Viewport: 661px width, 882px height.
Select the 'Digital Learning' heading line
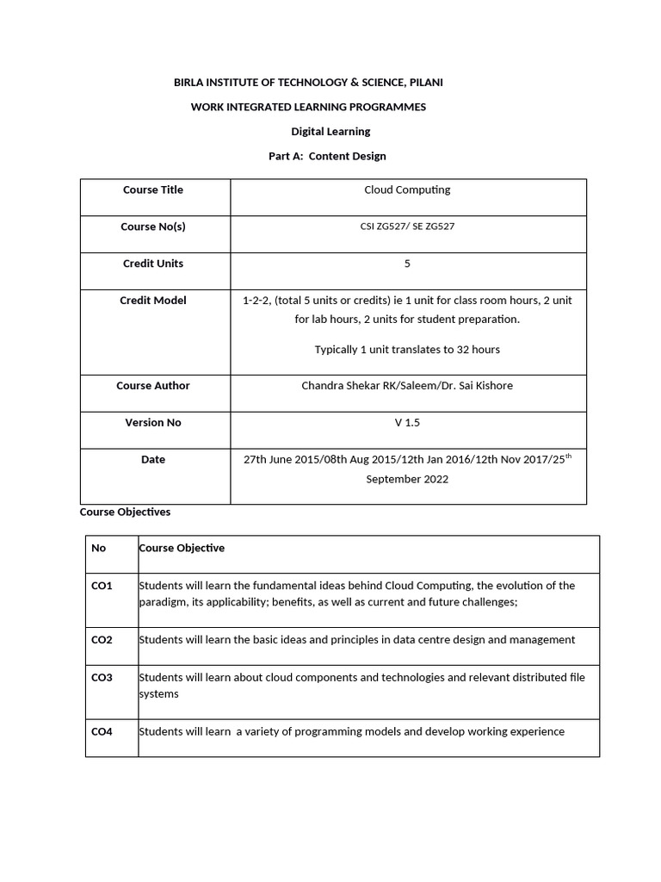pos(331,132)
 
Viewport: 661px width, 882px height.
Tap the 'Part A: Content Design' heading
pos(327,156)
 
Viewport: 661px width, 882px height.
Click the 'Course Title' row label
pos(153,190)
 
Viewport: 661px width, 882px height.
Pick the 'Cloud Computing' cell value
pos(407,190)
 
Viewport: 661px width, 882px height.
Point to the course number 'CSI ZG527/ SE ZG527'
pos(407,227)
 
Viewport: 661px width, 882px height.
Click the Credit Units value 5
pos(407,264)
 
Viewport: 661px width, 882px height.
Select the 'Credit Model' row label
pos(153,301)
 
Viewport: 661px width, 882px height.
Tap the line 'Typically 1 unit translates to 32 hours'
pos(407,350)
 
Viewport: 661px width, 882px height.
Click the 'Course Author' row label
pos(153,386)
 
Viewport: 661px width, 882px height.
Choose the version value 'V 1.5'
pos(407,423)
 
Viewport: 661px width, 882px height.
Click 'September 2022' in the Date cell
pos(407,479)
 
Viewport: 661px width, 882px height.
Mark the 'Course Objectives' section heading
pos(125,512)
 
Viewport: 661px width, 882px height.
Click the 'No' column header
pos(98,548)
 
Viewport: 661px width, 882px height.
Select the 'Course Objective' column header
pos(182,548)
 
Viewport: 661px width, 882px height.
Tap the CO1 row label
pos(102,586)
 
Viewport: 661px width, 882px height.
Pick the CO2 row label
pos(102,640)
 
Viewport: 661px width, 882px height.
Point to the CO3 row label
pos(102,678)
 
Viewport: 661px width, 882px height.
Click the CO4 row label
pos(102,732)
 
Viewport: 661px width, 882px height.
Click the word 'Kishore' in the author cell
pos(494,386)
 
